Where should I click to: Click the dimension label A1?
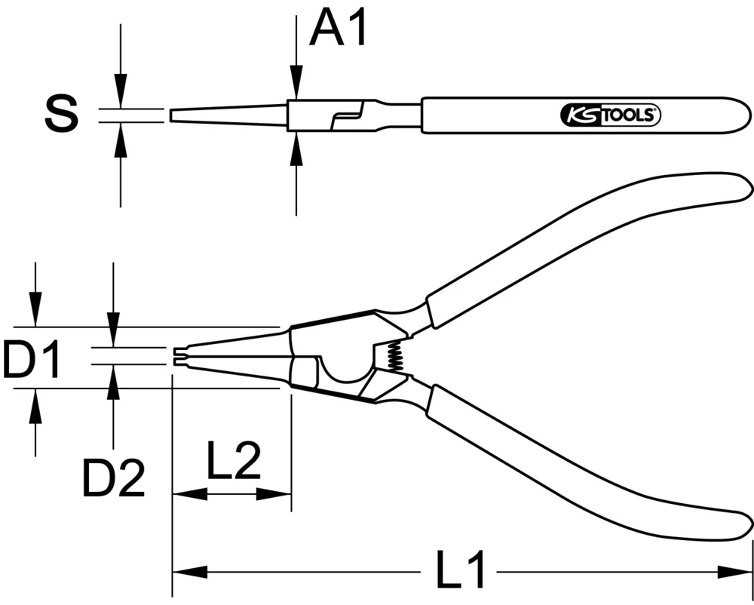coord(339,29)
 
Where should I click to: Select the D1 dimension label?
coord(32,360)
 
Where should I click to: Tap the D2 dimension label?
coord(113,478)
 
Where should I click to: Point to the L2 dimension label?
coord(233,462)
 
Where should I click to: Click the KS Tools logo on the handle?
coord(609,115)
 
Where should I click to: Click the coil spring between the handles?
coord(391,355)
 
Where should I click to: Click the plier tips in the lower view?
coord(180,356)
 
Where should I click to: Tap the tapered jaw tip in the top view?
coord(226,115)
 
